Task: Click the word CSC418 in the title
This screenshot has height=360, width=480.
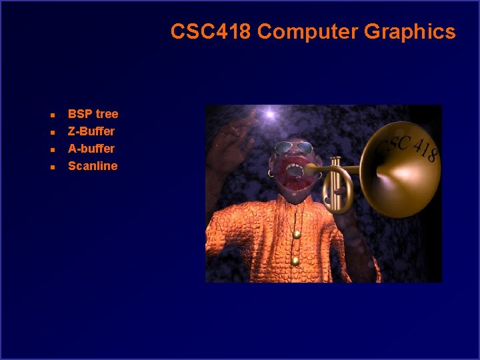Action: click(x=211, y=31)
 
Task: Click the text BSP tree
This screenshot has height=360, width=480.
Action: click(x=93, y=114)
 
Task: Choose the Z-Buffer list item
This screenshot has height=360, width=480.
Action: click(x=91, y=131)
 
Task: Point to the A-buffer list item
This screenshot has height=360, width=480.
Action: click(x=91, y=149)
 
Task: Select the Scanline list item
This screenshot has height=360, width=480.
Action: click(x=93, y=166)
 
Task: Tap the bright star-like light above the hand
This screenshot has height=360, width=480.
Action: click(x=270, y=115)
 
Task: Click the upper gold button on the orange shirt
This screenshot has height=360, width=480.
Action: click(x=296, y=234)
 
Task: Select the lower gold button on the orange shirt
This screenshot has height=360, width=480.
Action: click(x=295, y=261)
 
